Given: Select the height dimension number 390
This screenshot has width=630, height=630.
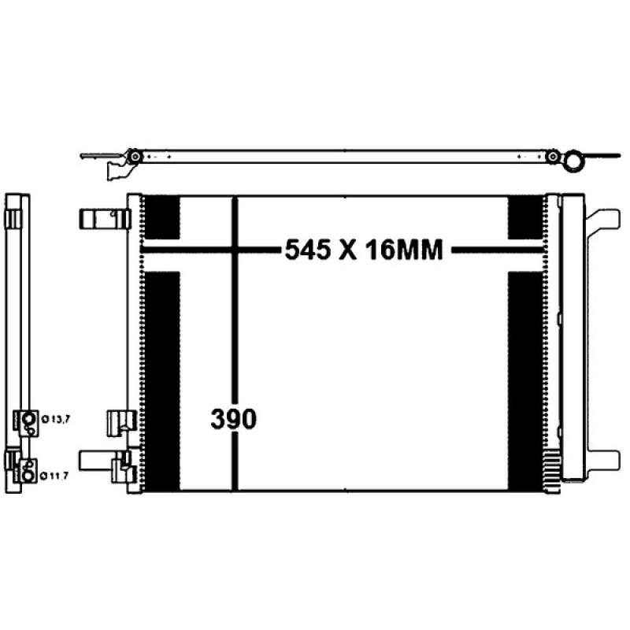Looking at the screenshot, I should pyautogui.click(x=233, y=420).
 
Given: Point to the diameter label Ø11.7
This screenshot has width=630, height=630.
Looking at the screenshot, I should pyautogui.click(x=56, y=475).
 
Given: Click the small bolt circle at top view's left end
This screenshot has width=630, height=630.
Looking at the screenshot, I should pyautogui.click(x=135, y=157).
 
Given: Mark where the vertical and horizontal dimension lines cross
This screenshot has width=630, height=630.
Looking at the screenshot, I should pyautogui.click(x=234, y=251).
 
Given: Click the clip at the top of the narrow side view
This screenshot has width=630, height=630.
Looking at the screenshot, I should pyautogui.click(x=15, y=217).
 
